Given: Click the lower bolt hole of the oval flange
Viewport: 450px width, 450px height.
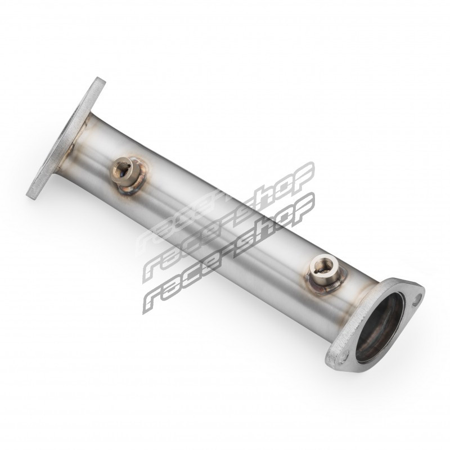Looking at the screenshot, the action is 343,358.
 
